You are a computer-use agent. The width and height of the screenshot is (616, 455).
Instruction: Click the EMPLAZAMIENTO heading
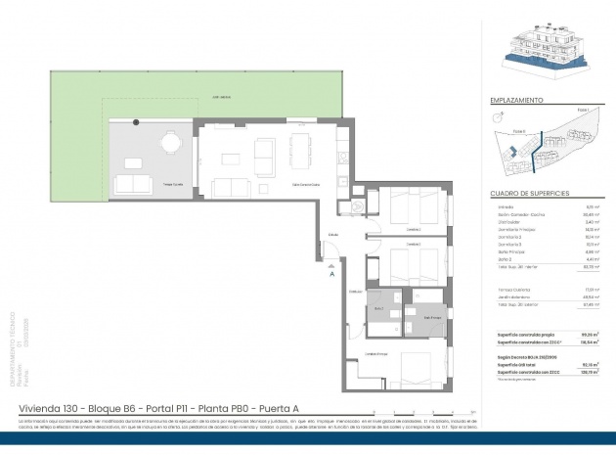518,101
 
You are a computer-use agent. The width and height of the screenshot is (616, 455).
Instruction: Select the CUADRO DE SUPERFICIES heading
531,193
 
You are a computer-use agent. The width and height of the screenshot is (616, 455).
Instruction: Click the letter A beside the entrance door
333,275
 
